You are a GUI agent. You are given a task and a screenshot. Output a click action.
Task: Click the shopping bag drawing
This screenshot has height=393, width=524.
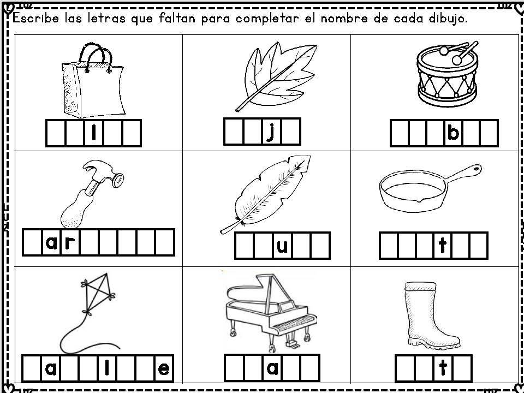93,82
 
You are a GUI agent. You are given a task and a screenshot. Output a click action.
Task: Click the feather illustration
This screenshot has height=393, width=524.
266,194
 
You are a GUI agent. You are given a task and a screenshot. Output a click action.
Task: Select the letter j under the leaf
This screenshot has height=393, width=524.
271,133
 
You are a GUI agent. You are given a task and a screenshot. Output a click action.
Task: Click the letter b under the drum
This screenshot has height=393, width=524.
453,133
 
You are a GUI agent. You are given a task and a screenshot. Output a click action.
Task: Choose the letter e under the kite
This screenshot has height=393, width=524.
164,369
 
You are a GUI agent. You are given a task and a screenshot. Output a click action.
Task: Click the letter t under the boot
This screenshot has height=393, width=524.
443,367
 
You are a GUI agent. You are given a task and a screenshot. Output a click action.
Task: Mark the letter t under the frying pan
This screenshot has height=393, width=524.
443,245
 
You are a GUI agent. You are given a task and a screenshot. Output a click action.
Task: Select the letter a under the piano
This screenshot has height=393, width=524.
273,368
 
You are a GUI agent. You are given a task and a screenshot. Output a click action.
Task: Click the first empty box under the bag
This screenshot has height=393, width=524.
56,133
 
